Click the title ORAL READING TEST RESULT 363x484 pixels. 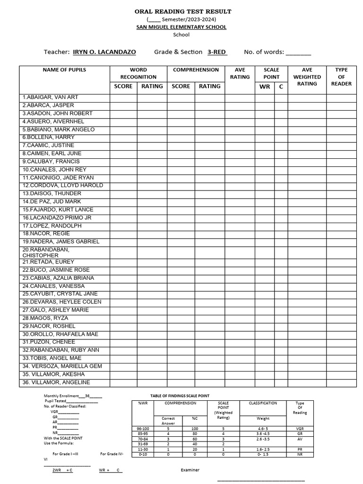[x=181, y=11]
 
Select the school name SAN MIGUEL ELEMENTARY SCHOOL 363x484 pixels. [x=181, y=27]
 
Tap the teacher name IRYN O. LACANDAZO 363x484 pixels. [x=104, y=52]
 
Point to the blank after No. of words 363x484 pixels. [x=298, y=52]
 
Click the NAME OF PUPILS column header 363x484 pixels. [x=64, y=70]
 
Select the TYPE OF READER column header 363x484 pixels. [x=341, y=77]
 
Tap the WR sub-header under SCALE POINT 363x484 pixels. [x=265, y=86]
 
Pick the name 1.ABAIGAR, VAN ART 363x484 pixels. [x=50, y=97]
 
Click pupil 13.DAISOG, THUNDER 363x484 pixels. [x=52, y=194]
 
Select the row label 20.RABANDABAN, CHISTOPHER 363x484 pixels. [x=46, y=252]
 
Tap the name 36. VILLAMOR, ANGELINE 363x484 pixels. [x=56, y=382]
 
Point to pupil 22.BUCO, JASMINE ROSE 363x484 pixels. [x=56, y=270]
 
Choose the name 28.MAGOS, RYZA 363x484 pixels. [x=45, y=318]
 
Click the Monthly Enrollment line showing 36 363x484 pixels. [x=73, y=396]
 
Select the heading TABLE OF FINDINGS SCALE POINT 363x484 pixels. [x=180, y=396]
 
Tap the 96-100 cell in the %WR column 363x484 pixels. [x=143, y=428]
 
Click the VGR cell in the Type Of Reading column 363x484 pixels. [x=300, y=428]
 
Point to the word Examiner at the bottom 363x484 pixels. [x=190, y=470]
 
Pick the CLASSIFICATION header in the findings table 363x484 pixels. [x=263, y=403]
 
